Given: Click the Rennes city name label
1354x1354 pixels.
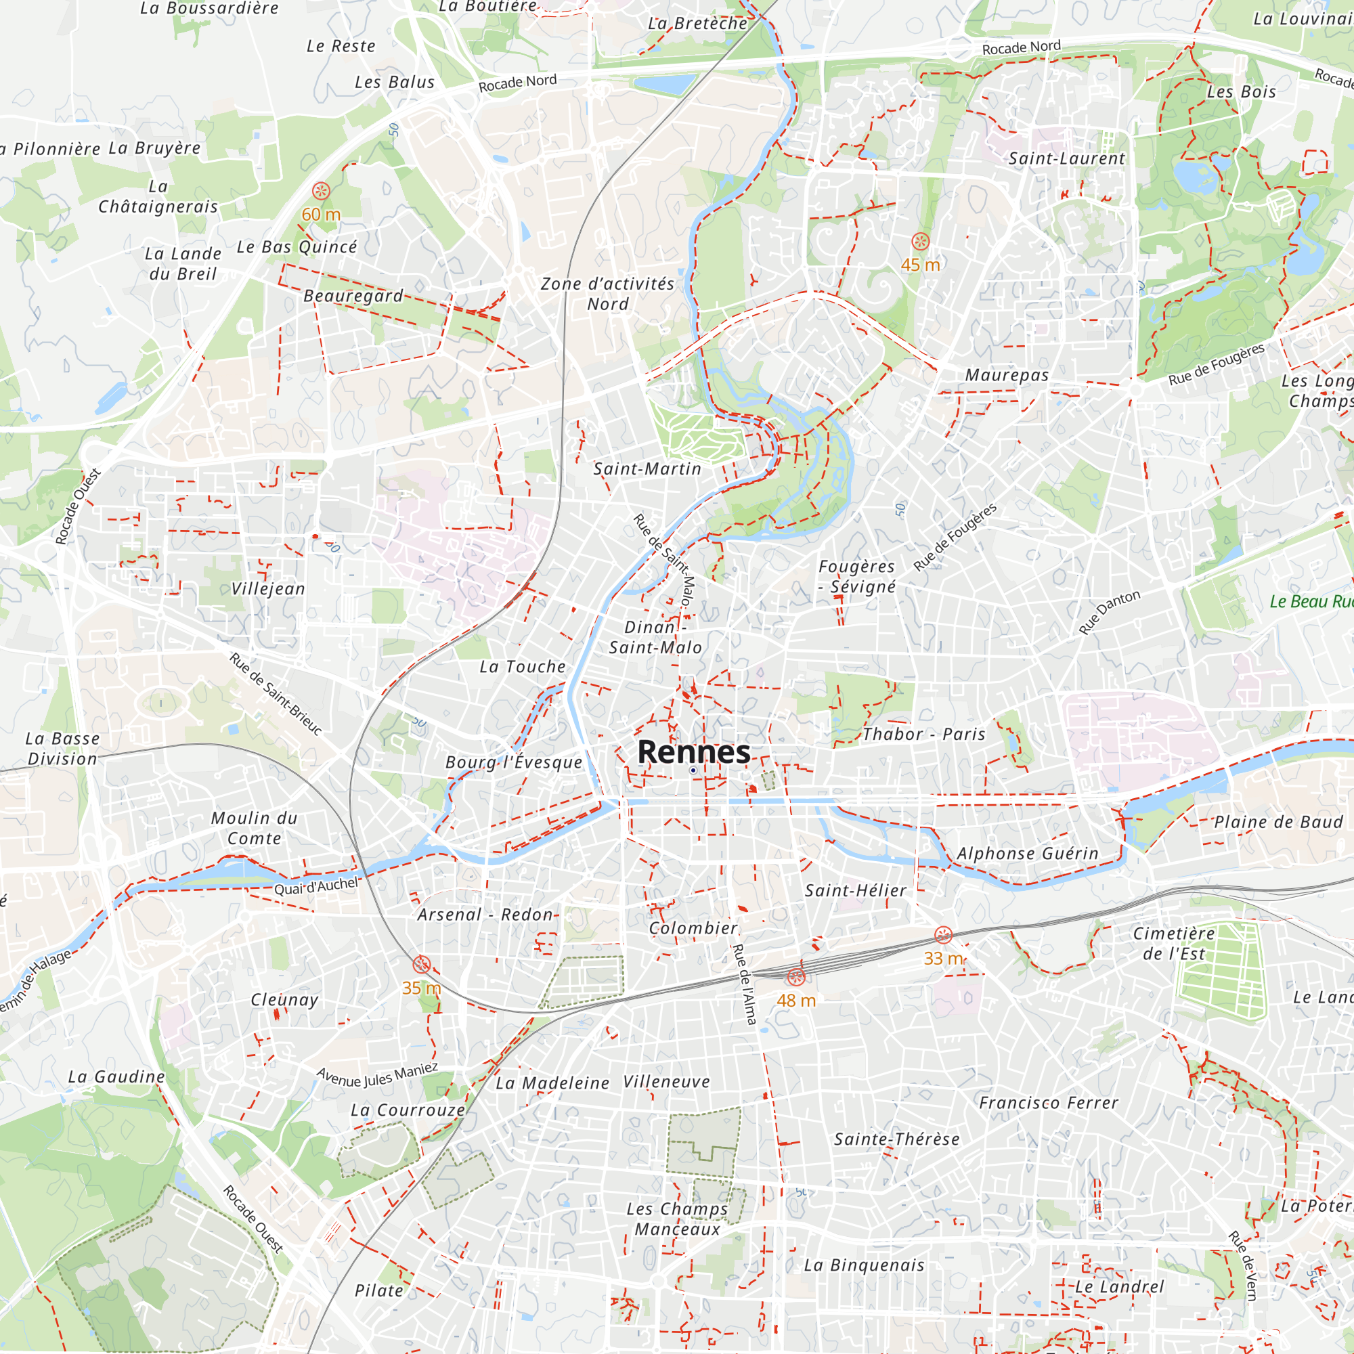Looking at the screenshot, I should coord(693,752).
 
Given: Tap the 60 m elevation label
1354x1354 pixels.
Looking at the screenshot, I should coord(321,215).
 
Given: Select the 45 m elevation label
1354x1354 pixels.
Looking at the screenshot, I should coord(920,265).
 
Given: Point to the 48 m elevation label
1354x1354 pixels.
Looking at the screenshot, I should coord(796,1001).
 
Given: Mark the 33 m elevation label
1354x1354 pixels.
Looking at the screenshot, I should coord(943,958).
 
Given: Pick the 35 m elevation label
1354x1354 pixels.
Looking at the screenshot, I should coord(421,988).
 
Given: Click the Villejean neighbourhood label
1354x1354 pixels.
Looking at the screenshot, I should coord(268,589).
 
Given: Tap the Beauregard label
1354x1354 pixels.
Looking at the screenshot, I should coord(353,296).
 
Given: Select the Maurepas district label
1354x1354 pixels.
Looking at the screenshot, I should coord(1007,375).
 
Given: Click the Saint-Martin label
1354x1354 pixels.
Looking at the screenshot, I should coord(647,469).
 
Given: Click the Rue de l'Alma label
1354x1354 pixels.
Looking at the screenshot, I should coord(744,984).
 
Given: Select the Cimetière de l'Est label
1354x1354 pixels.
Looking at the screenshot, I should coord(1174,943).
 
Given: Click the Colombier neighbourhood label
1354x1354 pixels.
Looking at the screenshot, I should coord(693,928).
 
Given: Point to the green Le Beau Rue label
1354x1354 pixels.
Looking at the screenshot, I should coord(1311,601).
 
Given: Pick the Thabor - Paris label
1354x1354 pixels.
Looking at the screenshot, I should coord(923,734).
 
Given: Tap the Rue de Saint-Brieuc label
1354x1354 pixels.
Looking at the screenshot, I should coord(276,694).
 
